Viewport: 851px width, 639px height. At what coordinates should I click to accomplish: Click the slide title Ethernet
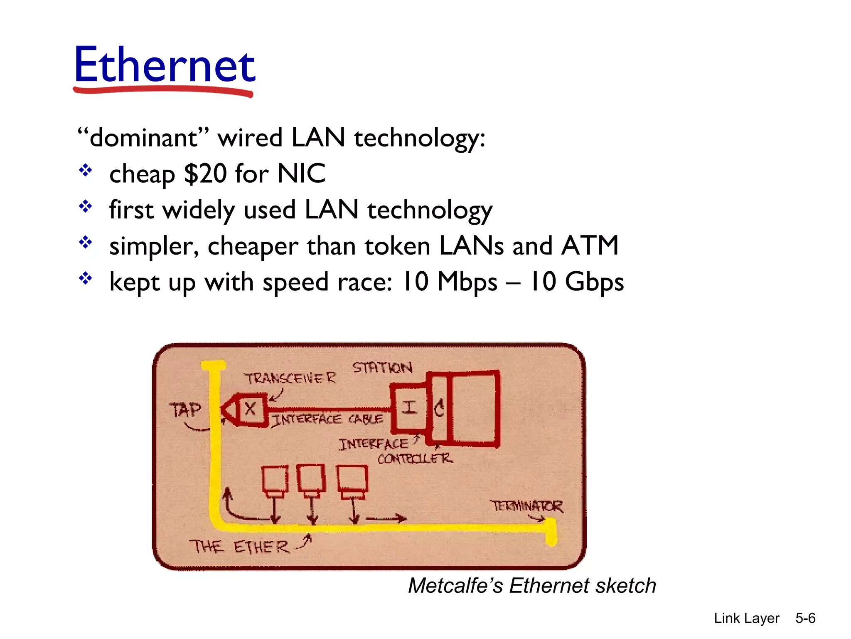(165, 65)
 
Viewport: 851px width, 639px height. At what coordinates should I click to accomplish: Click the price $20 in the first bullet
(205, 173)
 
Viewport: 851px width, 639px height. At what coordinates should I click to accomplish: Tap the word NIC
(301, 173)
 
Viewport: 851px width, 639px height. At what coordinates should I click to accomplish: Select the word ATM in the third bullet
(590, 245)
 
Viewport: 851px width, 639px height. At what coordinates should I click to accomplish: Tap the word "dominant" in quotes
(143, 138)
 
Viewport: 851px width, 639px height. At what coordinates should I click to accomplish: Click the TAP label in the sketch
(185, 410)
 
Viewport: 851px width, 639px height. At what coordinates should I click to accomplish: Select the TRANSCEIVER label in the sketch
(290, 379)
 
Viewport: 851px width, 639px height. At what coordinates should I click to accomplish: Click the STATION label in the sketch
(382, 368)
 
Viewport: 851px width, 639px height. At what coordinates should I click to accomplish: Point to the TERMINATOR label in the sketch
(526, 506)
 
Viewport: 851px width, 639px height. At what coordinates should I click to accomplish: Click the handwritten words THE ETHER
(239, 547)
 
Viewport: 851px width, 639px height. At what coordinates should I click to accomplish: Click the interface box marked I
(410, 407)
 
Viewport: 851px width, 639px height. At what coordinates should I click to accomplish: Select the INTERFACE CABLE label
(327, 419)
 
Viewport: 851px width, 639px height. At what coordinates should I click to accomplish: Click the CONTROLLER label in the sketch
(415, 458)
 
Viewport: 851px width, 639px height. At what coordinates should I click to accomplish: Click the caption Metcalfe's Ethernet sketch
(532, 586)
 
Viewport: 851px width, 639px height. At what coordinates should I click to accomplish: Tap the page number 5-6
(805, 618)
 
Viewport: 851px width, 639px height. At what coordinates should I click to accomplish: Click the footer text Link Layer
(746, 618)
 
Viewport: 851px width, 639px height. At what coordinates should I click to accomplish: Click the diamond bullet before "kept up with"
(86, 278)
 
